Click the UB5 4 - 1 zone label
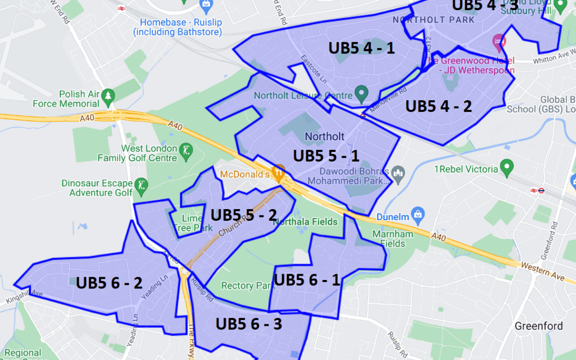(x=362, y=48)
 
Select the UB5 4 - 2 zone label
(x=438, y=106)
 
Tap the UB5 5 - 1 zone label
(x=326, y=156)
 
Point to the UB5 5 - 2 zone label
(x=244, y=215)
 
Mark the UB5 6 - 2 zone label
(x=109, y=283)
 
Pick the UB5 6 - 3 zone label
(x=249, y=323)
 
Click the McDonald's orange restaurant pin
(x=278, y=173)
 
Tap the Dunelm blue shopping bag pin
(x=418, y=213)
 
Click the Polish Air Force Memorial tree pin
(x=108, y=95)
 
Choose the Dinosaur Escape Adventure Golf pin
(x=141, y=186)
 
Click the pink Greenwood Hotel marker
(x=499, y=40)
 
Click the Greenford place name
(x=538, y=326)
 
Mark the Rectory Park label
(x=247, y=286)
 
